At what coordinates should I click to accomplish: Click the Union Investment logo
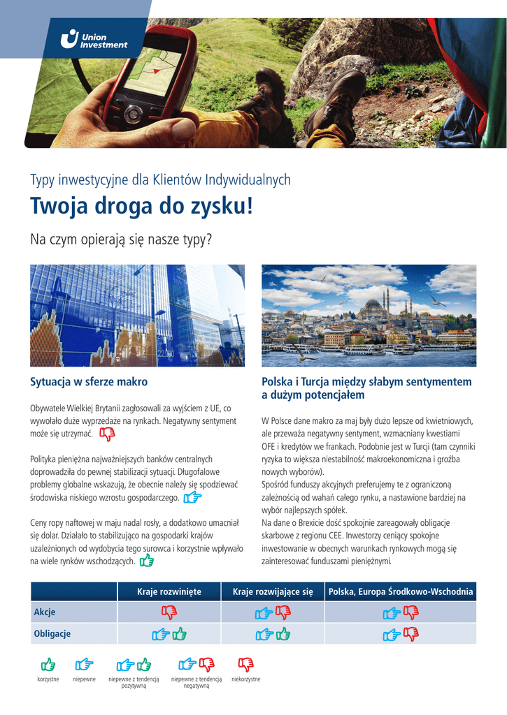(x=94, y=40)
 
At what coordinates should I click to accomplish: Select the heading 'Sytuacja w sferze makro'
(x=89, y=382)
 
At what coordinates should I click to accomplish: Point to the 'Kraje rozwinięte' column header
(x=169, y=592)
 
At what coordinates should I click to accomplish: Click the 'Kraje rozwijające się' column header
(x=273, y=592)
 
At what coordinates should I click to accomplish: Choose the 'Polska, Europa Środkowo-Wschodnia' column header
(x=401, y=592)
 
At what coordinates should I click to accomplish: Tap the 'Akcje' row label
(x=45, y=612)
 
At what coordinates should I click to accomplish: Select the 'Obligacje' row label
(x=52, y=634)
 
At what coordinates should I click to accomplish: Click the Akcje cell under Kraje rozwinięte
(x=169, y=612)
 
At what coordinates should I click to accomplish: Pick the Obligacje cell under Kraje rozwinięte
(x=169, y=634)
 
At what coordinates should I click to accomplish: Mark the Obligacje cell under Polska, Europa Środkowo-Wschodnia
(x=401, y=634)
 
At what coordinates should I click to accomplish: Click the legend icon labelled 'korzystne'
(x=48, y=664)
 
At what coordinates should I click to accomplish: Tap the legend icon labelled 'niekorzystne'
(x=245, y=664)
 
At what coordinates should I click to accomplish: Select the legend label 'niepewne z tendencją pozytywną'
(x=134, y=682)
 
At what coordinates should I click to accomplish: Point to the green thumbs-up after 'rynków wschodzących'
(x=147, y=561)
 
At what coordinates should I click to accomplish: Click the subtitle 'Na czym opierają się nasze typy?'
(x=121, y=240)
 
